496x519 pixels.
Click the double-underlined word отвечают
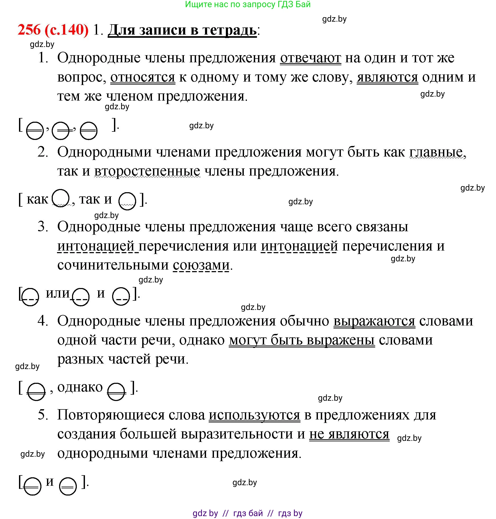(x=311, y=58)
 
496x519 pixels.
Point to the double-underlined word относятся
(x=142, y=77)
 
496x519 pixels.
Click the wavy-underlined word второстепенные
(x=147, y=171)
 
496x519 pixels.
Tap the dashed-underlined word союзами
(x=201, y=265)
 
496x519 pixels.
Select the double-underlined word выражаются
(x=374, y=321)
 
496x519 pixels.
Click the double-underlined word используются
(x=254, y=415)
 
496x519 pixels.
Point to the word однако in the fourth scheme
(x=80, y=387)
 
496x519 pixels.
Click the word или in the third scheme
(x=57, y=293)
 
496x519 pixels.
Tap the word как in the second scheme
(x=37, y=199)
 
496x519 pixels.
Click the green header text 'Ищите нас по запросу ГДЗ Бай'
(x=248, y=4)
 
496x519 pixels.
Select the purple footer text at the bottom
(x=247, y=513)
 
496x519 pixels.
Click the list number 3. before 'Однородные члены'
(x=43, y=227)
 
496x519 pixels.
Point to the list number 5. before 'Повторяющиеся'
(x=43, y=415)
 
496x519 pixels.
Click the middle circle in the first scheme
(x=61, y=131)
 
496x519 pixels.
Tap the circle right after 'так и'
(x=127, y=201)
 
